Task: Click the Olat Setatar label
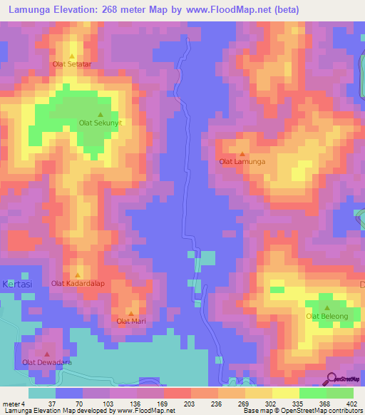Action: tap(72, 64)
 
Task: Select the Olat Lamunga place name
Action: tap(242, 162)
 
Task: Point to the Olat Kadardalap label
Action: tap(77, 283)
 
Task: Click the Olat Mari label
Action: tap(130, 321)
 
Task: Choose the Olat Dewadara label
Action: tap(47, 362)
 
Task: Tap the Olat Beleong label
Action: tap(327, 315)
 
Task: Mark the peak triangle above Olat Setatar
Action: tap(72, 56)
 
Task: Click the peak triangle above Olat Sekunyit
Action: tap(101, 114)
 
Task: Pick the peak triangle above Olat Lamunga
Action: tap(242, 153)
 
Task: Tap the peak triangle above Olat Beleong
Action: tap(327, 307)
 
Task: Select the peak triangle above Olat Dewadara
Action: tap(47, 354)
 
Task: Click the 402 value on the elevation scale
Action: tap(353, 404)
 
